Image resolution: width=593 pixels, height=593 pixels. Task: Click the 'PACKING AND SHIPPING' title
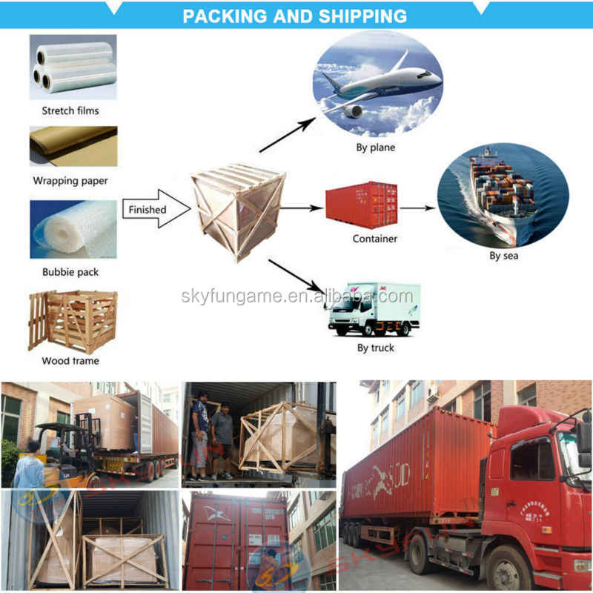click(295, 16)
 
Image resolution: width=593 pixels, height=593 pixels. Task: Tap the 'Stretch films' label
click(70, 110)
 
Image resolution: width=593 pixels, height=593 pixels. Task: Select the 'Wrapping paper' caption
click(70, 180)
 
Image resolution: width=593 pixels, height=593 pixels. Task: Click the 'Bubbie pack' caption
click(70, 272)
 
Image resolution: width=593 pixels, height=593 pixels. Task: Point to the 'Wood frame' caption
click(70, 361)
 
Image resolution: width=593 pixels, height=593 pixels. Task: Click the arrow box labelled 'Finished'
click(150, 210)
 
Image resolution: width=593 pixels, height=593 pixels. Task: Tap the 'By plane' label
click(375, 148)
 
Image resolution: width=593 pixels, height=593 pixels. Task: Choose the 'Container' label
click(375, 239)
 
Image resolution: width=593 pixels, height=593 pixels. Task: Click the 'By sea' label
click(503, 256)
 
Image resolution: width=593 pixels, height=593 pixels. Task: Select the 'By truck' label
click(375, 348)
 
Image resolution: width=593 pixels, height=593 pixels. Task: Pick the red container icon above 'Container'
click(361, 205)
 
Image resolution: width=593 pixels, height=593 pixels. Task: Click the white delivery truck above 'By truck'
click(374, 308)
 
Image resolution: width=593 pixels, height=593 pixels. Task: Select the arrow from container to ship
click(417, 208)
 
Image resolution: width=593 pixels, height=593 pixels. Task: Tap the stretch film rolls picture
click(73, 67)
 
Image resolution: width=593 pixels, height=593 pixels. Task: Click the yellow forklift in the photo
click(59, 452)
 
